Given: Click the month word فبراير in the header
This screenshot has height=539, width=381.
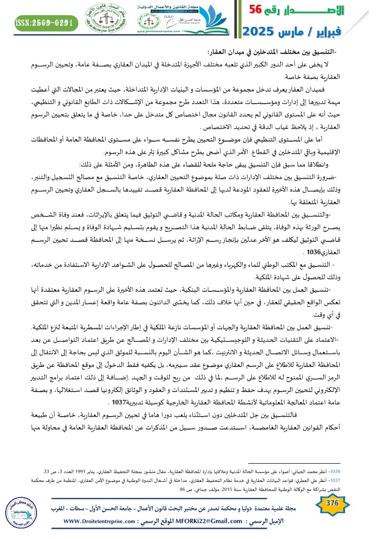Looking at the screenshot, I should (353, 32).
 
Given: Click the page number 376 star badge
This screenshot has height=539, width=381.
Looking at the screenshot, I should (332, 503).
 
